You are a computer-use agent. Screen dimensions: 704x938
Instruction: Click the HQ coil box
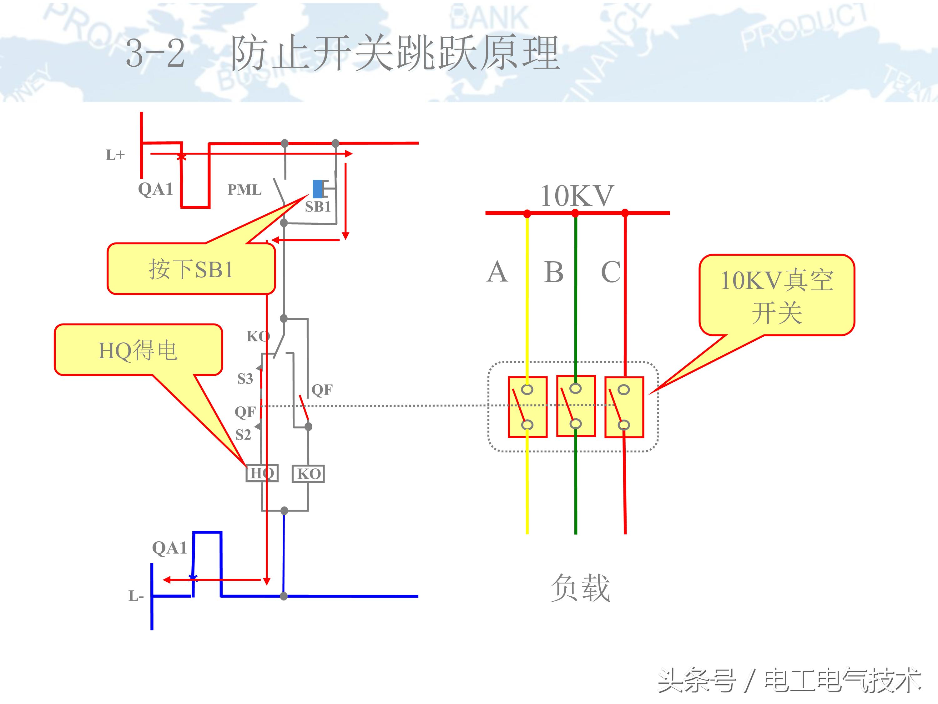pos(262,473)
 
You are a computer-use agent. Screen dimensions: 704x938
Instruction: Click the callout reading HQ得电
pos(138,350)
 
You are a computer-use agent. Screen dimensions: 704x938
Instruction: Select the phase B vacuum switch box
pos(576,406)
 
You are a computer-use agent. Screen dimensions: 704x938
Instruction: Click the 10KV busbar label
pos(577,196)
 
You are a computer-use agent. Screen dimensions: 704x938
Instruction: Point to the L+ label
pos(115,155)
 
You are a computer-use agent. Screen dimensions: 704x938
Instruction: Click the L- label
pos(136,596)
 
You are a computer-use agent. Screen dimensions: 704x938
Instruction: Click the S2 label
pos(243,435)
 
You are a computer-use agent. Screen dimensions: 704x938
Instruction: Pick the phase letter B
pos(554,272)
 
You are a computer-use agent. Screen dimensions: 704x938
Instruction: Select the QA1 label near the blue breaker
pos(169,548)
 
